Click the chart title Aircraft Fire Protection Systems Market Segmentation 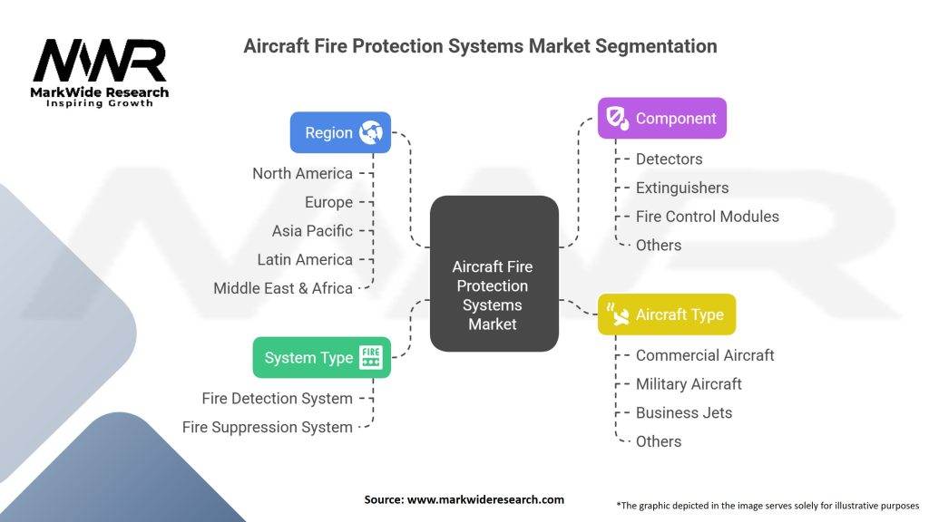click(x=480, y=46)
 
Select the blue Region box click(x=340, y=132)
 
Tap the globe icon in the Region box click(x=370, y=132)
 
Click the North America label click(x=302, y=173)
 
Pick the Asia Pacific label click(x=312, y=231)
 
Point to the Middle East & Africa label click(x=283, y=288)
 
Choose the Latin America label click(x=305, y=259)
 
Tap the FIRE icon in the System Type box click(x=370, y=357)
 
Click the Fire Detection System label click(x=277, y=398)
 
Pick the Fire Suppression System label click(x=267, y=427)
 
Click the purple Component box click(x=661, y=118)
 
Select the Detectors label click(x=669, y=159)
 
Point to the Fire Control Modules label click(x=707, y=217)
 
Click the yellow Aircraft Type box click(x=666, y=314)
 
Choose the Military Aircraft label click(x=689, y=384)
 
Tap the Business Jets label click(x=683, y=412)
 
